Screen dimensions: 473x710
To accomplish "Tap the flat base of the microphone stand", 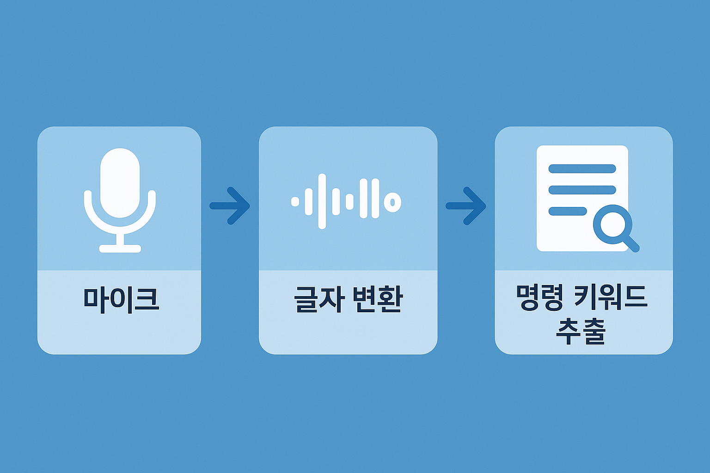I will pyautogui.click(x=120, y=249).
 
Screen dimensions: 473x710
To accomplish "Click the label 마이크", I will pyautogui.click(x=121, y=299).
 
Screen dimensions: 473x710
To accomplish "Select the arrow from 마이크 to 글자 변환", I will pyautogui.click(x=230, y=206).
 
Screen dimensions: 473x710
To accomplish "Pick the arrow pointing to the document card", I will pyautogui.click(x=466, y=206).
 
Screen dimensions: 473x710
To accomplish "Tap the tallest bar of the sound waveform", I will pyautogui.click(x=322, y=201).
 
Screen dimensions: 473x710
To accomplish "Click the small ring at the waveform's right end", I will pyautogui.click(x=392, y=202).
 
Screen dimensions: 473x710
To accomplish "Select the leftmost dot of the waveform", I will pyautogui.click(x=295, y=201).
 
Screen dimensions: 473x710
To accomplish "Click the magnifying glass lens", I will pyautogui.click(x=612, y=224).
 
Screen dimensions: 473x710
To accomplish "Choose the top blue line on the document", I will pyautogui.click(x=582, y=169).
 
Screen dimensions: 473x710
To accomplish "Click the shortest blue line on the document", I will pyautogui.click(x=568, y=211).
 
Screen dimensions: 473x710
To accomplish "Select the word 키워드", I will pyautogui.click(x=610, y=298).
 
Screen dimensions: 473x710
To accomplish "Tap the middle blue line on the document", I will pyautogui.click(x=582, y=190).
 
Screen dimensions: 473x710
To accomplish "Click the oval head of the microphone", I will pyautogui.click(x=120, y=183).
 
